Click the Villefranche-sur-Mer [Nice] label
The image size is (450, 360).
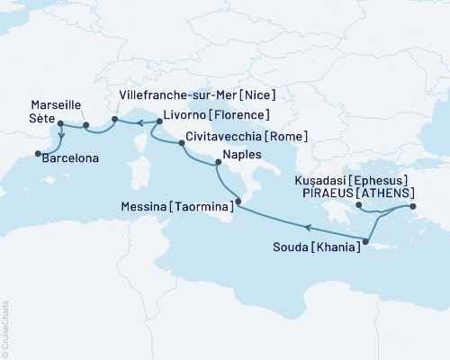click(x=196, y=94)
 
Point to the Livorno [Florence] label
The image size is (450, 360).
click(x=216, y=115)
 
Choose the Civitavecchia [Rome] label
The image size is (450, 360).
click(x=247, y=137)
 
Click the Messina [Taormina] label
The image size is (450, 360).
click(x=177, y=206)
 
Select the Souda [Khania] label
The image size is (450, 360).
click(x=320, y=246)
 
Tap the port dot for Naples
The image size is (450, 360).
click(x=216, y=163)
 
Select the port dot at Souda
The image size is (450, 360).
click(x=366, y=239)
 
